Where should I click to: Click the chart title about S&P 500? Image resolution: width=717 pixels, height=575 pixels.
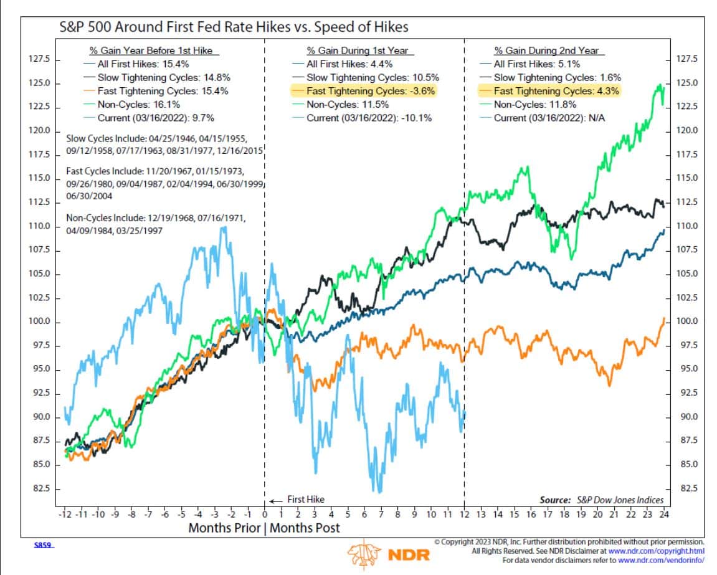(234, 27)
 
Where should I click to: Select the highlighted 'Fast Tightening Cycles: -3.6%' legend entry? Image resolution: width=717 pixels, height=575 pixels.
(364, 90)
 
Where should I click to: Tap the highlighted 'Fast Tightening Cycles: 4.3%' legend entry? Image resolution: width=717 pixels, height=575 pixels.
(549, 90)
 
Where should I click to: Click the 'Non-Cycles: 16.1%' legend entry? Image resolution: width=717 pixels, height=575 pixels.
(132, 104)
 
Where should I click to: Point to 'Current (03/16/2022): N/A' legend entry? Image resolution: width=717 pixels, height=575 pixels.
(543, 118)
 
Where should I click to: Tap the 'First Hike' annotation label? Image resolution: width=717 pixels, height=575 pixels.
(305, 500)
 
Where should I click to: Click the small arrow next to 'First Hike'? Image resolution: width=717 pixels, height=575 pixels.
(275, 501)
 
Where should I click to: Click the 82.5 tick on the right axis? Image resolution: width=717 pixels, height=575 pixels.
(687, 488)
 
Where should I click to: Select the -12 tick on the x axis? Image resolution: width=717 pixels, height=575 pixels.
(65, 514)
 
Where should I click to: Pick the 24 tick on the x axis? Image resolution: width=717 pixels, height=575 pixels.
(664, 514)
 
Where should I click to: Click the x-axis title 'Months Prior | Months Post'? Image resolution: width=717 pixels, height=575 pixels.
(264, 528)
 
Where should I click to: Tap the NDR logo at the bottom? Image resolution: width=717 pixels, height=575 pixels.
(388, 554)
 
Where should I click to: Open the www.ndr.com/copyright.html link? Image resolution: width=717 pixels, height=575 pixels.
(656, 551)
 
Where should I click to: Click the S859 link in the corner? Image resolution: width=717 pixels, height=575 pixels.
(43, 545)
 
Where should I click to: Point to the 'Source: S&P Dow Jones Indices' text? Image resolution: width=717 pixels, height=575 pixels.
(601, 500)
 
